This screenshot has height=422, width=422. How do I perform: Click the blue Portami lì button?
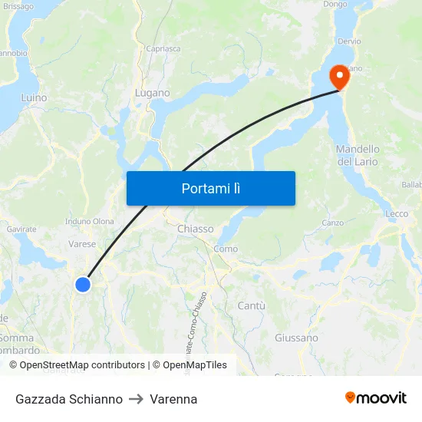click(x=210, y=188)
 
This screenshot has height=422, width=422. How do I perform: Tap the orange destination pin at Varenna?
click(x=338, y=76)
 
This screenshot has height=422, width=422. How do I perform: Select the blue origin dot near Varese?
click(x=83, y=285)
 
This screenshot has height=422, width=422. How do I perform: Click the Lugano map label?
click(x=152, y=93)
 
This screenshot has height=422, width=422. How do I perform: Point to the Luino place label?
click(x=34, y=98)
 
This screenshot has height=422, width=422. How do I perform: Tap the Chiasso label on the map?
click(x=196, y=229)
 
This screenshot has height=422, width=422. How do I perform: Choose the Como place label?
click(x=226, y=249)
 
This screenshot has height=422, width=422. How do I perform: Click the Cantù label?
click(x=252, y=305)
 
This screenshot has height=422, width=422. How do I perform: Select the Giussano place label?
click(x=296, y=338)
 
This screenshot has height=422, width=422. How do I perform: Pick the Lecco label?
click(x=397, y=214)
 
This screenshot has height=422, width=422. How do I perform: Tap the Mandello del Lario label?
click(x=358, y=155)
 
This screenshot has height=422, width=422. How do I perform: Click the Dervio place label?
click(x=349, y=41)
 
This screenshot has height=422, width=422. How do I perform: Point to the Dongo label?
click(x=335, y=5)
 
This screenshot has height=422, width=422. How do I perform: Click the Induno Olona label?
click(x=91, y=222)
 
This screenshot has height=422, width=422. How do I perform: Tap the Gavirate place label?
click(x=21, y=229)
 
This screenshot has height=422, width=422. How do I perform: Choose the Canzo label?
click(x=332, y=223)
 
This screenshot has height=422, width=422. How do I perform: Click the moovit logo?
click(x=375, y=398)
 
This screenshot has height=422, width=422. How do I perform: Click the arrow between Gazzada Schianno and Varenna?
click(x=137, y=399)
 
